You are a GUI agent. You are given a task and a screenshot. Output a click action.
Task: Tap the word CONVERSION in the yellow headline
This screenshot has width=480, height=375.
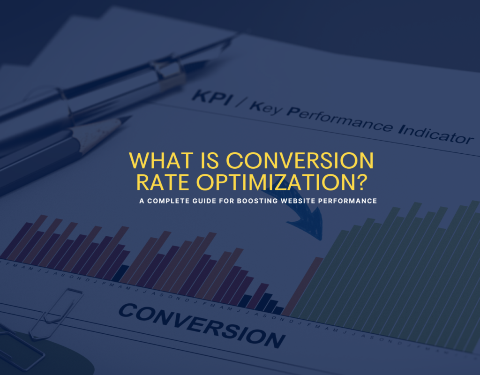click(300, 161)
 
